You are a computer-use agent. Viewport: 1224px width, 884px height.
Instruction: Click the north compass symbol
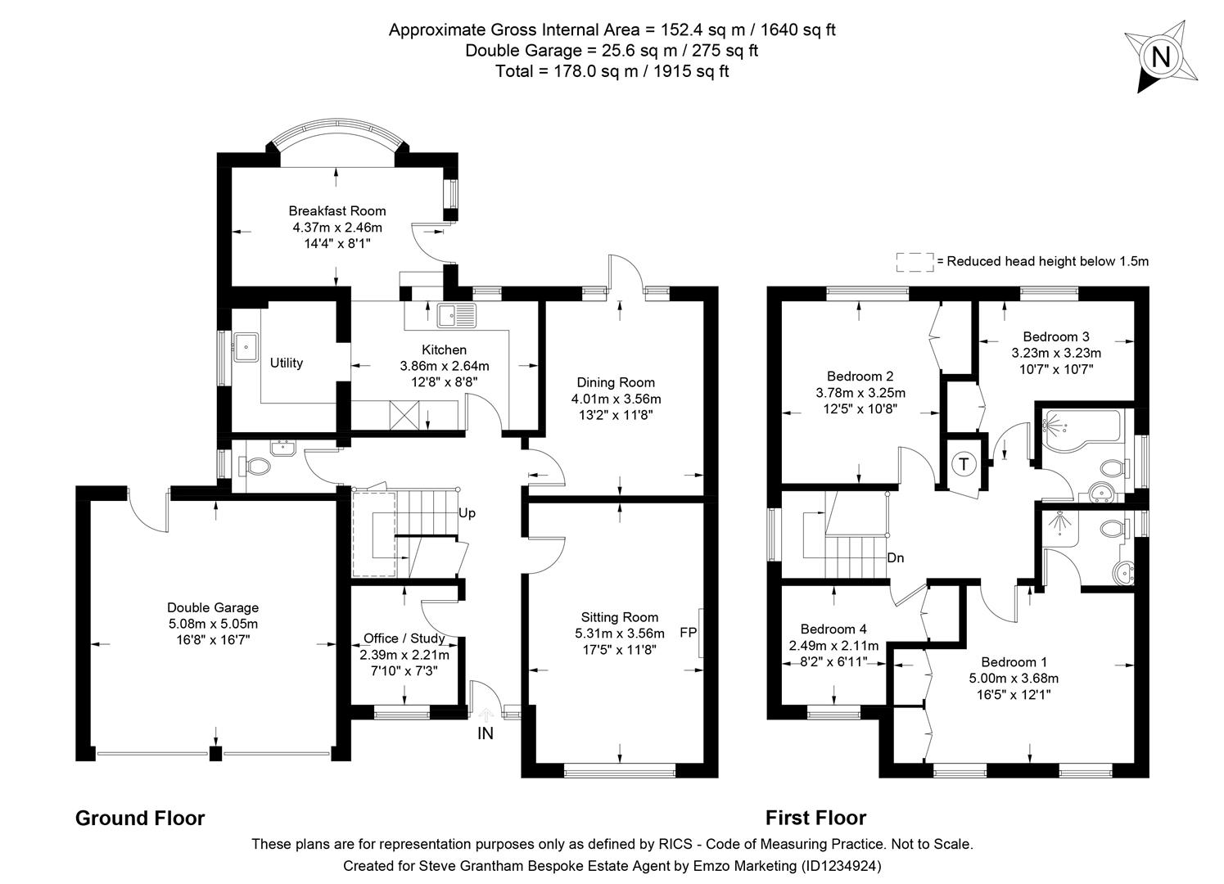tap(1160, 56)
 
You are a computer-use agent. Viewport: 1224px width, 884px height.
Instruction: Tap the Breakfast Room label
tap(336, 211)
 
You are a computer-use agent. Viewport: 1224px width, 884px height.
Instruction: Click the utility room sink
tap(245, 346)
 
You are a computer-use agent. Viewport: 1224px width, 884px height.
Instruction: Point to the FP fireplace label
tap(689, 633)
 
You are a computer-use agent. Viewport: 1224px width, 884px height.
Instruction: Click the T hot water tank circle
tap(964, 464)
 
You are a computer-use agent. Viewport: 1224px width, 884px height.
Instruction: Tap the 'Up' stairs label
tap(467, 514)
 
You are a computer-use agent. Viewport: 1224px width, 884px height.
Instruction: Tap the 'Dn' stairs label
tap(895, 558)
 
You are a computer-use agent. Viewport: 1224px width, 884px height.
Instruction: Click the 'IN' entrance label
tap(486, 733)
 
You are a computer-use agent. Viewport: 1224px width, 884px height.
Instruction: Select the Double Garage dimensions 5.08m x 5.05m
tap(213, 624)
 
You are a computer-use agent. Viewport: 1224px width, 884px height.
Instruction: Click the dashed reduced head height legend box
tap(915, 262)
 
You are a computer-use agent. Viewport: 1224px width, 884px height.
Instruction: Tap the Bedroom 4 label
tap(833, 629)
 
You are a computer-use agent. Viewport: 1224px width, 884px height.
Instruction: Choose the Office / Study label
tap(404, 638)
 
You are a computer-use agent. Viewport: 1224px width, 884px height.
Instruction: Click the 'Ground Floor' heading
tap(140, 818)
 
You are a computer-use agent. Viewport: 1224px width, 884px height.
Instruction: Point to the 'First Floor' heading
tap(815, 818)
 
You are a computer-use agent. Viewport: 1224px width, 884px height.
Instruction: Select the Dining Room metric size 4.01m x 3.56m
tap(616, 399)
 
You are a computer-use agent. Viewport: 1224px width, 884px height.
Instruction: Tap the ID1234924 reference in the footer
tap(841, 865)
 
